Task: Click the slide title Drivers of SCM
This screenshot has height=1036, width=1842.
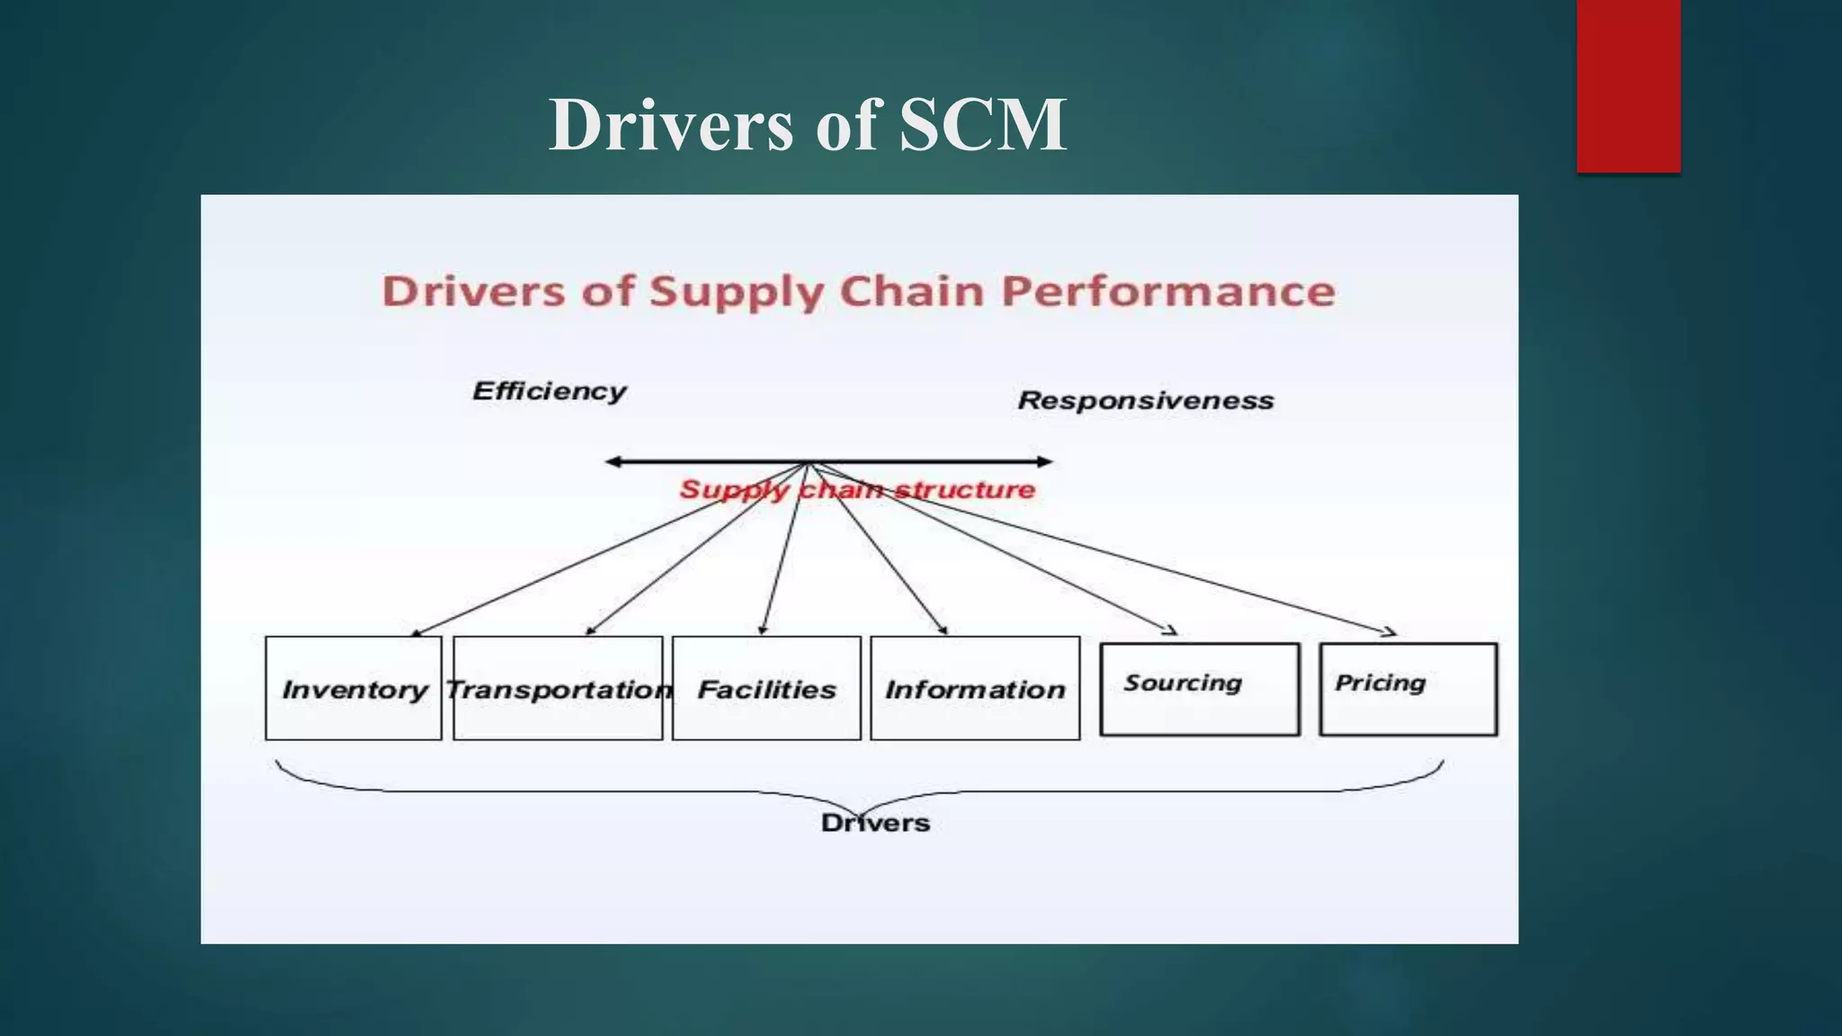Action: (x=807, y=124)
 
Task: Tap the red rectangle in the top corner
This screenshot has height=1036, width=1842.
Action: (x=1628, y=85)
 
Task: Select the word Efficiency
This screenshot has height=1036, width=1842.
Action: (x=549, y=391)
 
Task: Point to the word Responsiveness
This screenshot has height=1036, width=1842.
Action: (x=1146, y=400)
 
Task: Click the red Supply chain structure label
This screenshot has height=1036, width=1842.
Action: (x=857, y=490)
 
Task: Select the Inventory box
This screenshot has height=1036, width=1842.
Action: (x=353, y=689)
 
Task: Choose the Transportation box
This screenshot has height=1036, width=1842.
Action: (x=558, y=689)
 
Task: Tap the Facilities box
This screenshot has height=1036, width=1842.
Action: (x=766, y=689)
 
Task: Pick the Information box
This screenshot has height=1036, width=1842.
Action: (x=975, y=689)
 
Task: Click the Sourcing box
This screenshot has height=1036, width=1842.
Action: (x=1200, y=689)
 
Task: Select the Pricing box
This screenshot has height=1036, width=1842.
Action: (x=1408, y=689)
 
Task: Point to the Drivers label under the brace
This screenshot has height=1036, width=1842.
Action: (x=875, y=823)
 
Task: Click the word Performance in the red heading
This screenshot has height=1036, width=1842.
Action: (x=1168, y=291)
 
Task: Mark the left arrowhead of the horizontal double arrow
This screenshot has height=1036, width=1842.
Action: (x=612, y=462)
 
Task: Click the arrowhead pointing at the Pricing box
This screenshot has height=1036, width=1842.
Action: (x=1390, y=632)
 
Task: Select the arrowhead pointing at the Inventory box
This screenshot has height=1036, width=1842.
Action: (x=416, y=633)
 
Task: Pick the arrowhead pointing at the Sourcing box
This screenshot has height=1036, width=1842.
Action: (x=1170, y=631)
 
